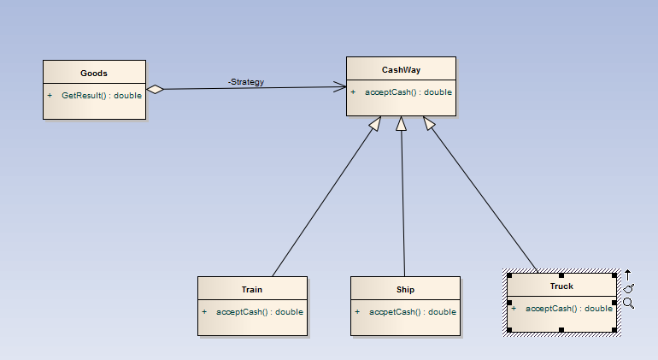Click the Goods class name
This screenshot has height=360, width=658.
pos(94,73)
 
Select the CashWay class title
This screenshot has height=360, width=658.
pos(401,69)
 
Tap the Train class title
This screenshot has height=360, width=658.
pos(251,289)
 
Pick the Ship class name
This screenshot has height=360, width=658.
pos(405,289)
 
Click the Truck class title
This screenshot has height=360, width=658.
pos(561,286)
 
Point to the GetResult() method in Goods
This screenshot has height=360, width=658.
pos(101,95)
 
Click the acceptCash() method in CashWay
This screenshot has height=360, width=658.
pos(408,91)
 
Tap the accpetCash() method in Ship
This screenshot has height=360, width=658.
pos(413,311)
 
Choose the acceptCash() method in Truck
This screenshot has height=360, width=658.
pos(568,308)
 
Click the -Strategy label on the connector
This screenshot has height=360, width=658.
pos(246,82)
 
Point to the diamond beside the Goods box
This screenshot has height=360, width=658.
pos(155,89)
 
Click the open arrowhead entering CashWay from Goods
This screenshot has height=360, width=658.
pos(341,86)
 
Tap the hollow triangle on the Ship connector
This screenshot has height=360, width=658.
pos(401,123)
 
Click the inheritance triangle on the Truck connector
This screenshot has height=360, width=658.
pos(428,124)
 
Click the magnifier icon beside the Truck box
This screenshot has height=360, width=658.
pos(628,303)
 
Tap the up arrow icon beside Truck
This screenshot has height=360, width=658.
pos(628,274)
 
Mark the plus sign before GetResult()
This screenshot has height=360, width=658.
pos(50,95)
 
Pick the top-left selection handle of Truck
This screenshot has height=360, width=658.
pos(509,275)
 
